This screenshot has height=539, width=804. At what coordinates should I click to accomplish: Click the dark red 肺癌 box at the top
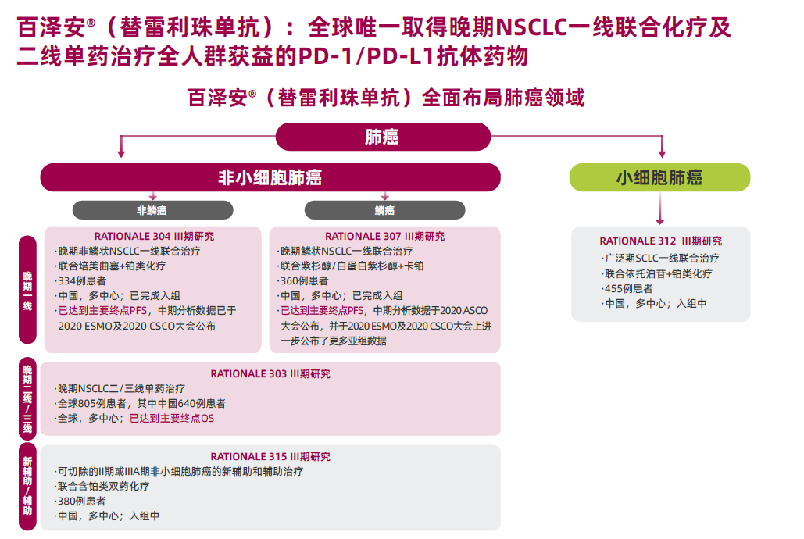tap(383, 137)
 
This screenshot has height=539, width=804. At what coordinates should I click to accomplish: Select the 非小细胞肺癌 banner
tap(270, 177)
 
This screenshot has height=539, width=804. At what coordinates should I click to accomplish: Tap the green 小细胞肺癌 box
tap(660, 177)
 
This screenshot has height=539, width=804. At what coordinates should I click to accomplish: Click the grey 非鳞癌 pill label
tap(153, 210)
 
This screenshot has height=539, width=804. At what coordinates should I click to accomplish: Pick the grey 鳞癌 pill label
tap(384, 210)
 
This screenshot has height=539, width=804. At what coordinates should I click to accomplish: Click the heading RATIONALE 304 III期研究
tap(155, 237)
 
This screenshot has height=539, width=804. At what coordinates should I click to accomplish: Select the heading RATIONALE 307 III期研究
tap(385, 237)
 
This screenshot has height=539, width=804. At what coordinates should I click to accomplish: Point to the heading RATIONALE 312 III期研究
tap(661, 241)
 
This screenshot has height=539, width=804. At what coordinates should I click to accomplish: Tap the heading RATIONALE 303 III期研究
tap(270, 374)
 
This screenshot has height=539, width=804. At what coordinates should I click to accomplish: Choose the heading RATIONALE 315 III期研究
tap(270, 456)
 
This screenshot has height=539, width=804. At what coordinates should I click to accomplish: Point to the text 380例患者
tap(80, 501)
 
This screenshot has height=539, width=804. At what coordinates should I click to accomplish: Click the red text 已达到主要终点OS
tap(172, 419)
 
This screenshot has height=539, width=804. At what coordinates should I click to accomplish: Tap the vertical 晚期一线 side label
tap(27, 291)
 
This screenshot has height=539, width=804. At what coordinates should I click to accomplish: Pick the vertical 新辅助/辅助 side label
tap(27, 486)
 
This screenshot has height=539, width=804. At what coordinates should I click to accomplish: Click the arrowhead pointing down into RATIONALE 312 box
tap(660, 221)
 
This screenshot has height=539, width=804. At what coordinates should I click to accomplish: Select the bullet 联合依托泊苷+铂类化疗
tap(657, 274)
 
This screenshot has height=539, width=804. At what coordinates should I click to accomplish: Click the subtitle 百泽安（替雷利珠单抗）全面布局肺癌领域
tap(386, 98)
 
